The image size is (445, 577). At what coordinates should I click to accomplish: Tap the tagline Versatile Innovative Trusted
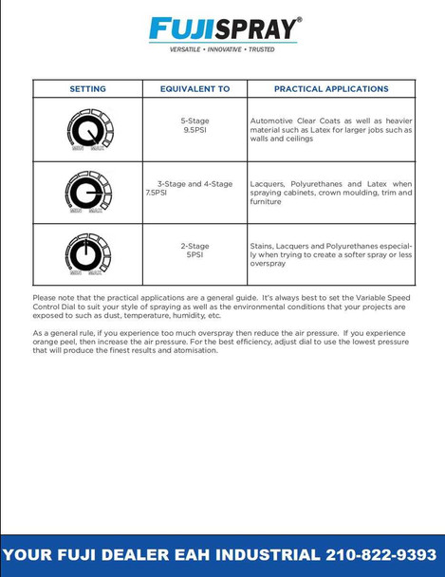click(223, 47)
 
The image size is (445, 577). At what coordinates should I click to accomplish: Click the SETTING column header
click(87, 89)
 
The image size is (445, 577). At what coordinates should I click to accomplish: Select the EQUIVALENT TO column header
click(195, 89)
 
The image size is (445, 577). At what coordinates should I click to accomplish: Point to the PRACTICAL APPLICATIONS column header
click(331, 89)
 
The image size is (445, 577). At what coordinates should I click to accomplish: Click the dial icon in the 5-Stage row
click(88, 130)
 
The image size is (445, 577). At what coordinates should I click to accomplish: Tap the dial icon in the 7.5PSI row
click(88, 193)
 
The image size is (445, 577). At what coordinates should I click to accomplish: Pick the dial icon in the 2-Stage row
click(88, 254)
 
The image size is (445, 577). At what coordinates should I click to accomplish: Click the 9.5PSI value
click(195, 129)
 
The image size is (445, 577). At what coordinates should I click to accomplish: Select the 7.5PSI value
click(157, 192)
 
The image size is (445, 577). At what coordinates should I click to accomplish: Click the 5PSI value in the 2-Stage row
click(195, 254)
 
